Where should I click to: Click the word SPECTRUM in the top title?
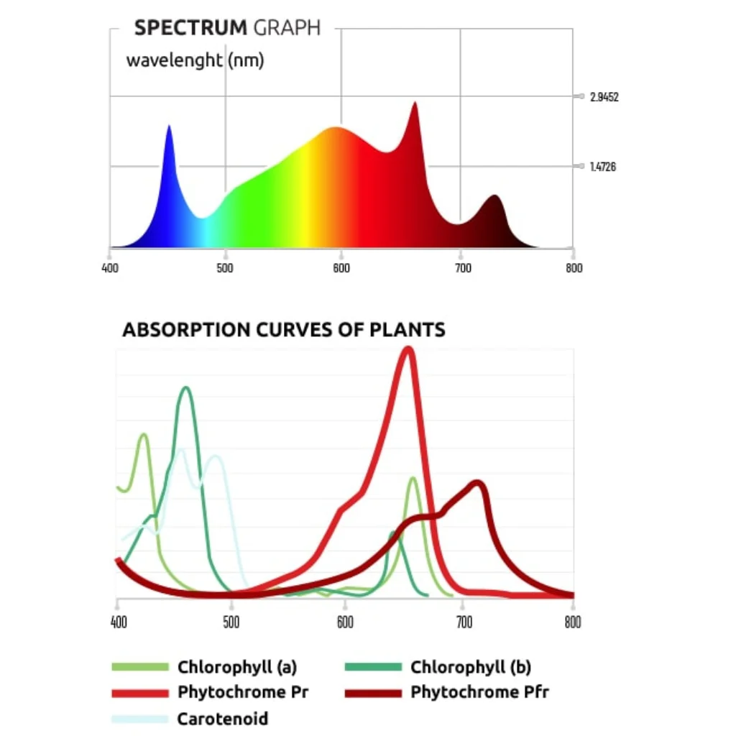tap(190, 29)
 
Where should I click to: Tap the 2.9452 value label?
tap(604, 97)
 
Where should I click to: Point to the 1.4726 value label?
tap(602, 167)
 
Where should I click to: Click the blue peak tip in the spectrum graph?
tap(169, 127)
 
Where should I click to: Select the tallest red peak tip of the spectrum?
tap(415, 103)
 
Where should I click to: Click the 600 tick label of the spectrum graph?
tap(341, 268)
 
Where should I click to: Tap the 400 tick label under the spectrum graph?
tap(110, 268)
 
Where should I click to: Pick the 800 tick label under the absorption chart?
tap(573, 622)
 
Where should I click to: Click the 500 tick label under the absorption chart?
tap(231, 622)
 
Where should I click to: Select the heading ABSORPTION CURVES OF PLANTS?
tap(284, 330)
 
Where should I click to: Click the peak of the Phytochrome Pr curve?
tap(408, 350)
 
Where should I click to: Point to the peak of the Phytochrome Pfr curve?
tap(477, 483)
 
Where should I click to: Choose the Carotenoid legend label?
tap(222, 719)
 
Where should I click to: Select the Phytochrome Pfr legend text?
tap(479, 693)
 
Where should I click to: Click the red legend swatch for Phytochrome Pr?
tap(141, 694)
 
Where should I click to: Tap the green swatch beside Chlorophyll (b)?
tap(373, 667)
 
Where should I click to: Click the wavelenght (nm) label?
tap(195, 60)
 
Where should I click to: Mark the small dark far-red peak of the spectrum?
tap(494, 196)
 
